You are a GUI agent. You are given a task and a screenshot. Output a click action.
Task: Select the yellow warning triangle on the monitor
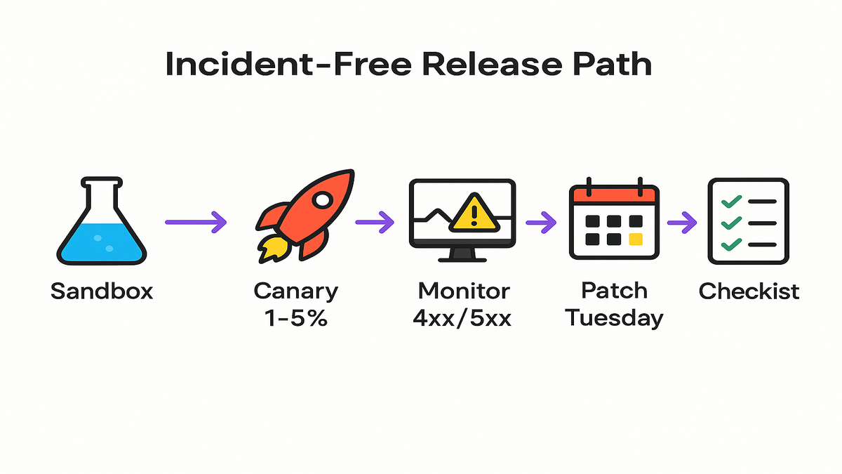[x=476, y=213]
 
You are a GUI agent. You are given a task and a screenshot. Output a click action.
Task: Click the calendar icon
[x=614, y=221]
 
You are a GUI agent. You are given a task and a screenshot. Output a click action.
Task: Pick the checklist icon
[x=748, y=221]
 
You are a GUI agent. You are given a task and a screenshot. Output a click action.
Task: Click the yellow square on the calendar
[x=636, y=239]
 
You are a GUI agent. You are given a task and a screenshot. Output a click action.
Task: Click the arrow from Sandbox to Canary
[x=196, y=222]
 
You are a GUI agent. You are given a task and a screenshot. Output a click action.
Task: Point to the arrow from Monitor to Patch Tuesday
[x=541, y=223]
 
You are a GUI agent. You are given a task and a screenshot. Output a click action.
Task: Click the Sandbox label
[x=102, y=291]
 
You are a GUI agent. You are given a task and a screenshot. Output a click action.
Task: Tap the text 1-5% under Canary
[x=295, y=317]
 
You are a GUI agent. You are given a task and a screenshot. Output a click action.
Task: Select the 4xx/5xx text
[x=463, y=317]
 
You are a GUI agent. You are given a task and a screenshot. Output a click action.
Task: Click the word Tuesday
[x=614, y=318]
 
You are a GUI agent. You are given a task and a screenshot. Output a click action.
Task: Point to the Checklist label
[x=749, y=291]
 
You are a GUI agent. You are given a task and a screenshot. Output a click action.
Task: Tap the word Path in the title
[x=611, y=65]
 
